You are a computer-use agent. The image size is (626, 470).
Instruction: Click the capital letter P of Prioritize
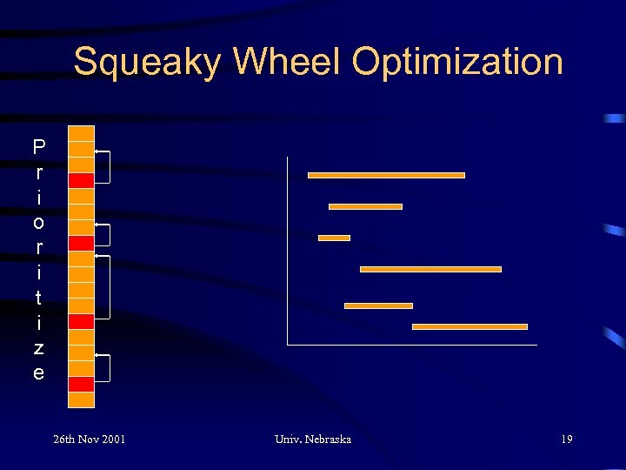(x=38, y=145)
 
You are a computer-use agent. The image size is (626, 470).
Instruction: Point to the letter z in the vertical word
(x=38, y=347)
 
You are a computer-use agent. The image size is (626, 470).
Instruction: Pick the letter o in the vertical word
(x=38, y=222)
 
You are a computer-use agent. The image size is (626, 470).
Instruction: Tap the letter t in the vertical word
(x=38, y=297)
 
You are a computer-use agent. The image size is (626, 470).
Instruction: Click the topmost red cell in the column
(x=81, y=180)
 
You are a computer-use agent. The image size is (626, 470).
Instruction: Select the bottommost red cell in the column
(x=81, y=384)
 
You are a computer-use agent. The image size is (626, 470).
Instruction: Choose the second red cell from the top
(x=81, y=243)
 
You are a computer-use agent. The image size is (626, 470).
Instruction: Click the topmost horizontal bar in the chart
(x=386, y=175)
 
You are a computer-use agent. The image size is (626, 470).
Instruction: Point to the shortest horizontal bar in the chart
(x=334, y=238)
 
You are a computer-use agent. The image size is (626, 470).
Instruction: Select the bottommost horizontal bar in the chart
(x=469, y=326)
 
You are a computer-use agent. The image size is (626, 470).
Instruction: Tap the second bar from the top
(x=365, y=206)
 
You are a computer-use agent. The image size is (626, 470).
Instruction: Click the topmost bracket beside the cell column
(x=108, y=167)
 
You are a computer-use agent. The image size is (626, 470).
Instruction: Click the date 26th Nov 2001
(x=89, y=439)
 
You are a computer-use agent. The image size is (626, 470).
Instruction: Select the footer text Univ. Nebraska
(x=312, y=439)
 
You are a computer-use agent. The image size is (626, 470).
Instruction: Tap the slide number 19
(x=566, y=439)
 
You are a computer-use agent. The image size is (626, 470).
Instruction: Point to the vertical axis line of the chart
(x=287, y=252)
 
